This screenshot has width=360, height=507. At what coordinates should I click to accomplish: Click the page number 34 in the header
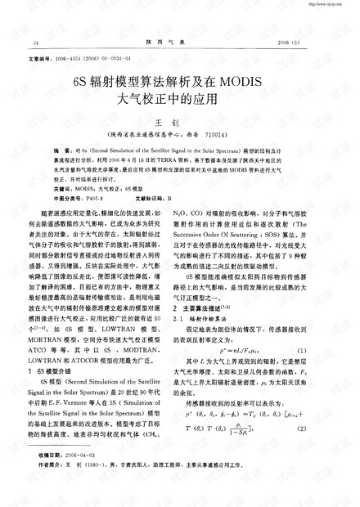point(35,41)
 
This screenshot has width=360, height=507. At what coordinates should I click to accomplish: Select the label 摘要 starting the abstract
point(61,153)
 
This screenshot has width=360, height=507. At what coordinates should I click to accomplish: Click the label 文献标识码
point(161,198)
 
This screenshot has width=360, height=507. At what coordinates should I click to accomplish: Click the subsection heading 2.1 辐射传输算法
point(218,340)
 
